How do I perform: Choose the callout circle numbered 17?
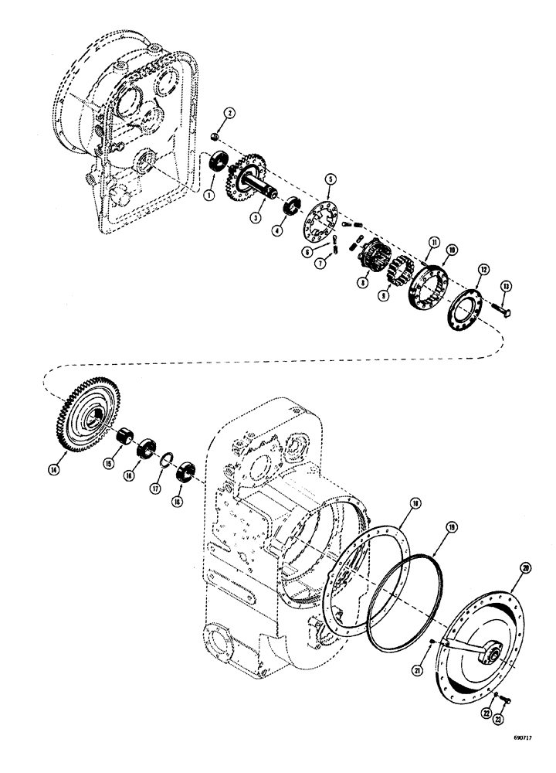coord(157,489)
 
